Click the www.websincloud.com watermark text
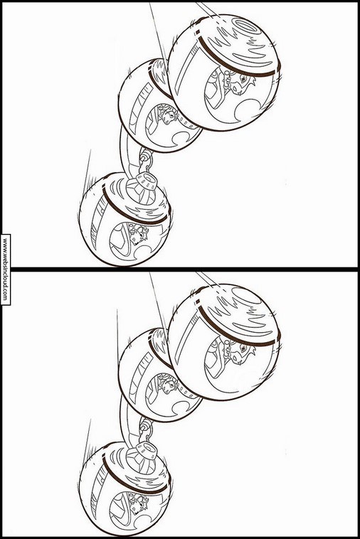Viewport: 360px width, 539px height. click(5, 269)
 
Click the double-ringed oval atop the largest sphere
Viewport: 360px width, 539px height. click(246, 26)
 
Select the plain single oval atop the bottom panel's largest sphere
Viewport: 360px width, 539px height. click(246, 296)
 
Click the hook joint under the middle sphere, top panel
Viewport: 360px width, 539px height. click(145, 159)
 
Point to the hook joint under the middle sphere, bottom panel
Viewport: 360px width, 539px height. click(145, 428)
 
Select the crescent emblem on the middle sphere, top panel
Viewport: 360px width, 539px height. click(181, 137)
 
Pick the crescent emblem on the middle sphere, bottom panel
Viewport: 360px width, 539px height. click(181, 407)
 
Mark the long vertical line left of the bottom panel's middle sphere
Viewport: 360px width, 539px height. click(117, 338)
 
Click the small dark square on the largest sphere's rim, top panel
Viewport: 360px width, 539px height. click(198, 33)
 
